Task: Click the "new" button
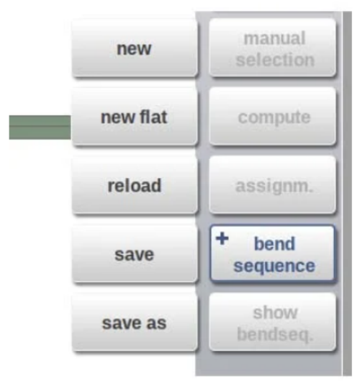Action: [134, 48]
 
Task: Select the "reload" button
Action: [134, 185]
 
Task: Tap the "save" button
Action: [134, 254]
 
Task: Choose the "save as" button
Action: [134, 322]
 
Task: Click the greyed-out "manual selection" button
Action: [273, 48]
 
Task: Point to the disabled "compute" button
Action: [273, 117]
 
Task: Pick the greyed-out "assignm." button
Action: [273, 185]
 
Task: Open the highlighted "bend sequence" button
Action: [273, 254]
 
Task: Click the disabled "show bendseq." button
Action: [273, 322]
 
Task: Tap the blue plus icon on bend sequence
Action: [222, 238]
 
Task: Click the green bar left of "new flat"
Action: [40, 127]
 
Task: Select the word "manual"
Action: [274, 38]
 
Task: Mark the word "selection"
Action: [275, 60]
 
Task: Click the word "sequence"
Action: [274, 266]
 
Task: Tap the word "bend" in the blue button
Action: [274, 243]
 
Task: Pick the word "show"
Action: [275, 312]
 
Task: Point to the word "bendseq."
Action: [275, 334]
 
